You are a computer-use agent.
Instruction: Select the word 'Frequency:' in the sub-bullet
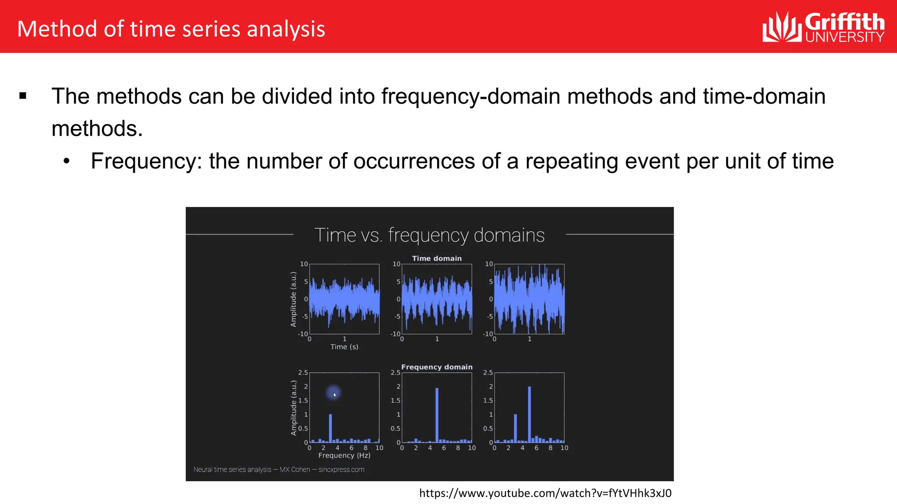point(146,161)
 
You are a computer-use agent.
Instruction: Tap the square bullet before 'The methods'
point(23,96)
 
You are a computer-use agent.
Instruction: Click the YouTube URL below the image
point(545,493)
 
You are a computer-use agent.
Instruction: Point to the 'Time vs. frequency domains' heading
point(429,235)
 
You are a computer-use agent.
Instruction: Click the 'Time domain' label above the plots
point(437,259)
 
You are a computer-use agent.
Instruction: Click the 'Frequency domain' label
point(437,367)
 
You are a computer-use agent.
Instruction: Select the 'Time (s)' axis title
point(344,347)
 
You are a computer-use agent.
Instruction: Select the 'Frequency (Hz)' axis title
point(344,455)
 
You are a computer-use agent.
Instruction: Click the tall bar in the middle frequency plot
point(437,415)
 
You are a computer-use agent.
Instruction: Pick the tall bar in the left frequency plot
point(330,428)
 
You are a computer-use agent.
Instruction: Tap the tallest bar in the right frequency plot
point(530,414)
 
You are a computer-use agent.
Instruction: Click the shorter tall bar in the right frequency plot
point(516,428)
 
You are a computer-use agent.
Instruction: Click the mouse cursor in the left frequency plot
point(334,394)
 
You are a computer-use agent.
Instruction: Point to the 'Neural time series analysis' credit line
point(279,469)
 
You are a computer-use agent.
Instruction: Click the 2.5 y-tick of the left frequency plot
point(303,373)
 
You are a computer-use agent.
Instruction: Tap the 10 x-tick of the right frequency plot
point(564,448)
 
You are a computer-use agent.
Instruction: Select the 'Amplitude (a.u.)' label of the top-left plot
point(293,299)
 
